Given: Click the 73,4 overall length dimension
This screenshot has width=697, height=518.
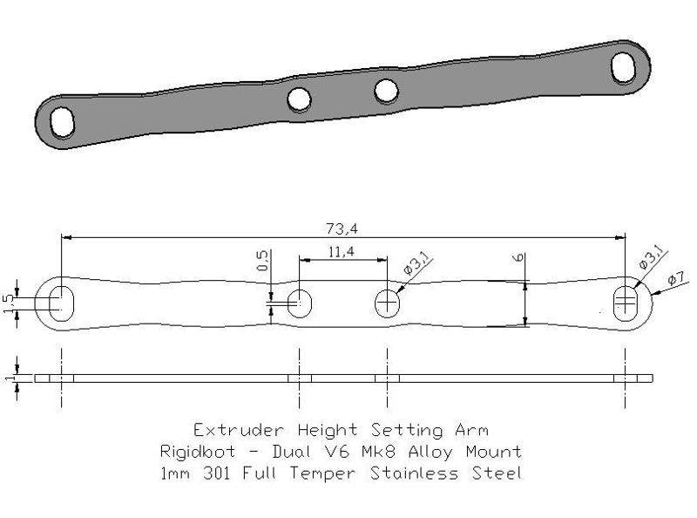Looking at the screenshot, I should [342, 229].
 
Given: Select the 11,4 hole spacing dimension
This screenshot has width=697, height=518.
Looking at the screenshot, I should [342, 253].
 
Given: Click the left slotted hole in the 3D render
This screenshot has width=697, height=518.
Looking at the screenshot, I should [63, 121].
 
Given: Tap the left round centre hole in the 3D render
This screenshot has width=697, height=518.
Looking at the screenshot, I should [300, 100].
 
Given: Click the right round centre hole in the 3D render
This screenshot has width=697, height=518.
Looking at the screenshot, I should [386, 90].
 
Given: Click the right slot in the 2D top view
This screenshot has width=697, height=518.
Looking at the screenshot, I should [625, 303].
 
